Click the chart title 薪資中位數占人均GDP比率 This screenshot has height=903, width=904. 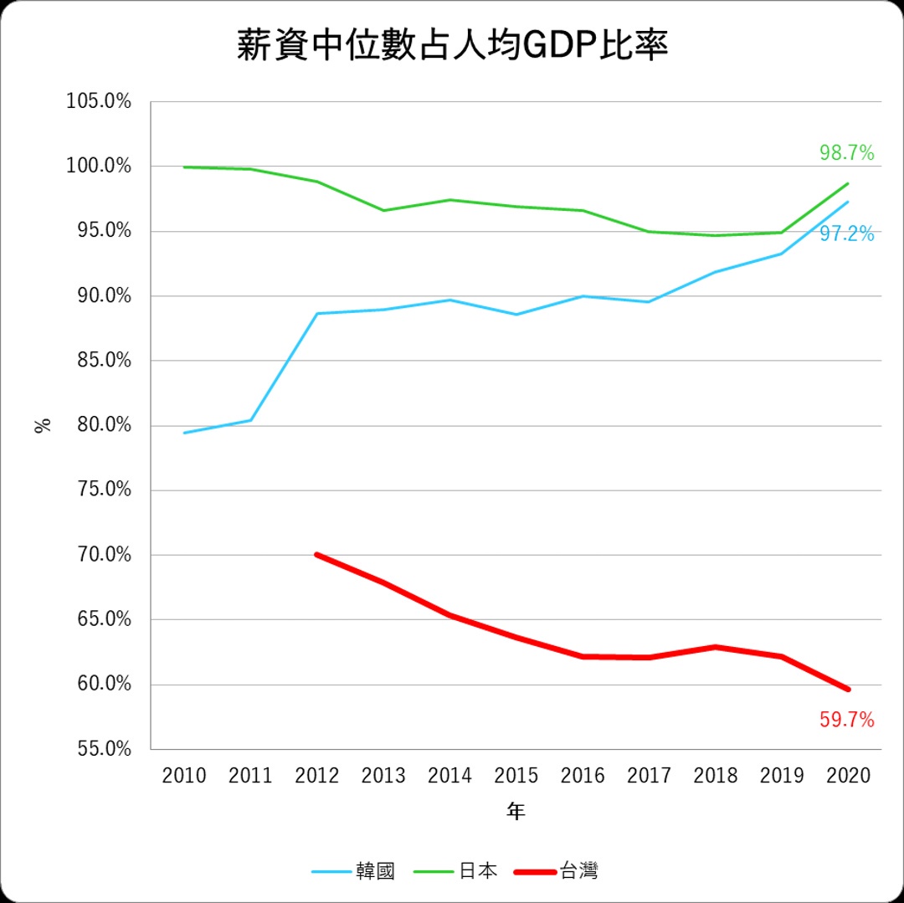click(452, 46)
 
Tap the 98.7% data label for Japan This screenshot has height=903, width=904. click(846, 153)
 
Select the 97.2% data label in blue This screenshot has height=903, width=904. click(846, 234)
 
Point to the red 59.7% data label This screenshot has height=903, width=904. click(846, 719)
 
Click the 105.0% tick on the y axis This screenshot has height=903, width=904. click(100, 102)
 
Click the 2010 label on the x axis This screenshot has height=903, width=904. click(184, 776)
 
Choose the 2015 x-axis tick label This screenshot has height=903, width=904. click(516, 776)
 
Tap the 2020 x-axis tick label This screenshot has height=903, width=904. click(848, 776)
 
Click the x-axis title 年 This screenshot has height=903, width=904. click(516, 811)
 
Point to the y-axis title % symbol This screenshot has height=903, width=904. click(43, 424)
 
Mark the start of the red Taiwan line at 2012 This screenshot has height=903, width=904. click(317, 554)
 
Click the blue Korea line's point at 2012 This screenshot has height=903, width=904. click(317, 314)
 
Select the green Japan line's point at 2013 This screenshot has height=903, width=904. click(383, 210)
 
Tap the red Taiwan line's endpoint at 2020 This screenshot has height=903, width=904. click(848, 690)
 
